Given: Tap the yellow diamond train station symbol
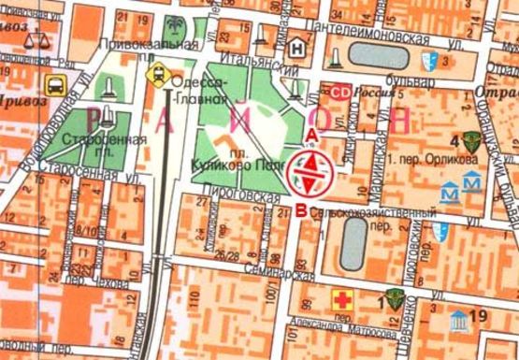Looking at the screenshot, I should coord(160,72).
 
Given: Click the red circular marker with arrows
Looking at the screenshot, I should coord(310,171).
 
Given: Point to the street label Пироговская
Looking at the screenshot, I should coord(243,198).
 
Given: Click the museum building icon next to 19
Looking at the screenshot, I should coord(458,319).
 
